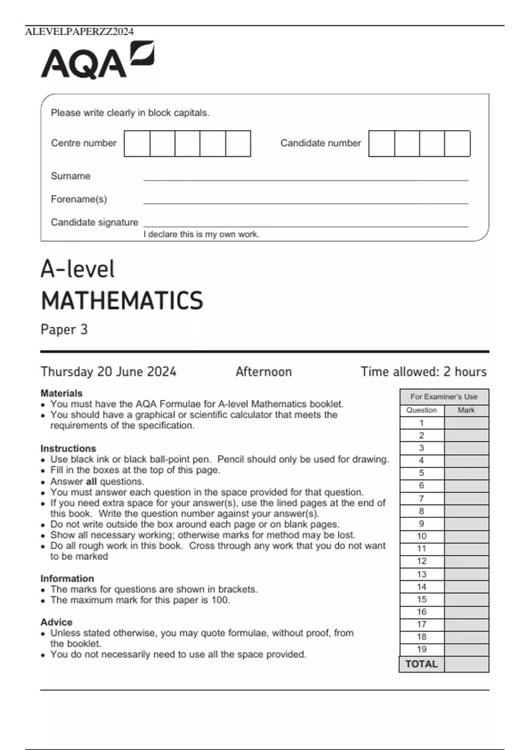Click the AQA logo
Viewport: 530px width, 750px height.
point(97,60)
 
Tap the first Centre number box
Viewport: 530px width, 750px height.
point(137,143)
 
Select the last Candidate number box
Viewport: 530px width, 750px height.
point(457,143)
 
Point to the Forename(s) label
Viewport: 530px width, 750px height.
point(79,199)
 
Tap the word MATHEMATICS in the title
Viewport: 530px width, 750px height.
point(122,301)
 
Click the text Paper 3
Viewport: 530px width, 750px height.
point(64,330)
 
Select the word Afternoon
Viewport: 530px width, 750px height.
point(264,372)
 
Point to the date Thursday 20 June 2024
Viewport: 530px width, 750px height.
point(109,372)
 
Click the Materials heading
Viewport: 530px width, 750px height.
point(61,393)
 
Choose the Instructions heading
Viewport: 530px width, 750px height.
point(68,448)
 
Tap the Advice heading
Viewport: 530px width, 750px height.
point(56,622)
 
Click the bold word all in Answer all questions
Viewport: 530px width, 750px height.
point(91,482)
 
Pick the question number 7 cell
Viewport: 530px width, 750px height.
point(421,499)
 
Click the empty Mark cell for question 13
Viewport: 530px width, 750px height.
point(466,574)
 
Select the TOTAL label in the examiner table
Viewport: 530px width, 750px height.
point(421,664)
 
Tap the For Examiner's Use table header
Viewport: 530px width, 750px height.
point(444,397)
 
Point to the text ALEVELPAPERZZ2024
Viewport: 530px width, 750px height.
point(79,32)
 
